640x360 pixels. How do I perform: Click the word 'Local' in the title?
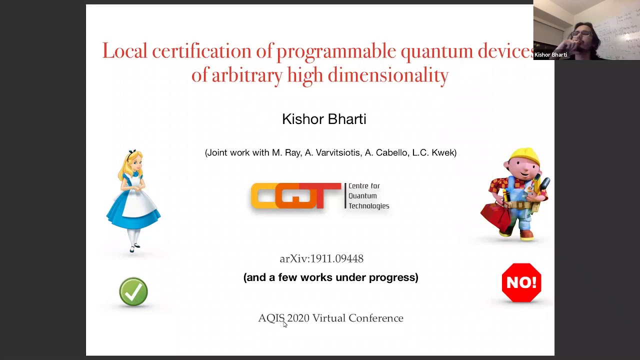point(124,51)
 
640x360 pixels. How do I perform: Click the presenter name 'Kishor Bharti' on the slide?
point(324,119)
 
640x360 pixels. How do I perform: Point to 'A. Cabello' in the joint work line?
point(385,152)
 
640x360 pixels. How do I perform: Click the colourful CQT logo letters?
point(295,195)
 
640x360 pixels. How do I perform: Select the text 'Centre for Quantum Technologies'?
point(368,196)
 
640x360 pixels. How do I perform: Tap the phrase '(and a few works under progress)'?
point(330,277)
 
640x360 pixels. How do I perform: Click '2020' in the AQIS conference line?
point(298,318)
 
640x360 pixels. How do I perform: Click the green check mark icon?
point(133,291)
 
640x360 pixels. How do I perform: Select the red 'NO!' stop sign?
point(521,282)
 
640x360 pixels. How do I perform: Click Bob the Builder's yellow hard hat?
point(524,155)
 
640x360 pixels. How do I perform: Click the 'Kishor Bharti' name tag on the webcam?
point(550,55)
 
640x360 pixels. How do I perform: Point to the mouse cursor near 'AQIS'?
point(284,324)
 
